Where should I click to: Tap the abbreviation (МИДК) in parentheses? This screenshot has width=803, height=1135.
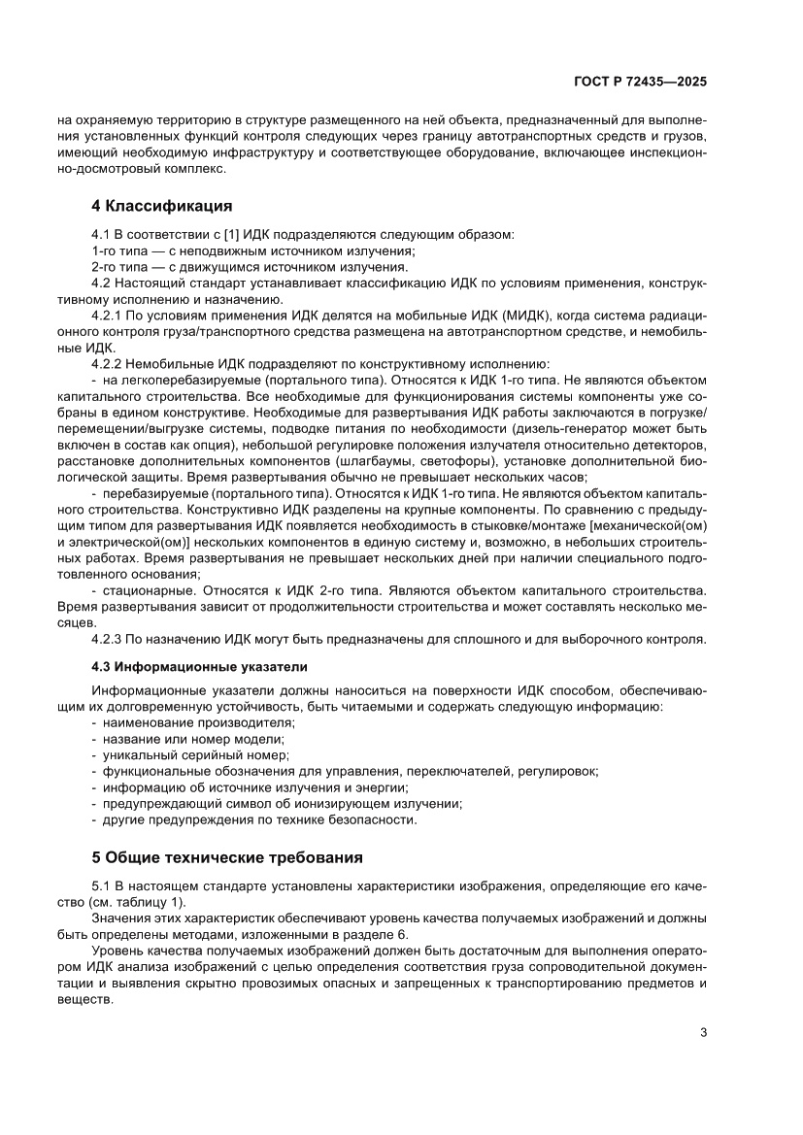click(528, 317)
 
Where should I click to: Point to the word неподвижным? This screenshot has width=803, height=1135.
click(212, 250)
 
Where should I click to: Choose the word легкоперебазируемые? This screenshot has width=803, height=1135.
click(179, 380)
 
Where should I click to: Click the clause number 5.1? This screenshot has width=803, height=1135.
click(101, 886)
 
